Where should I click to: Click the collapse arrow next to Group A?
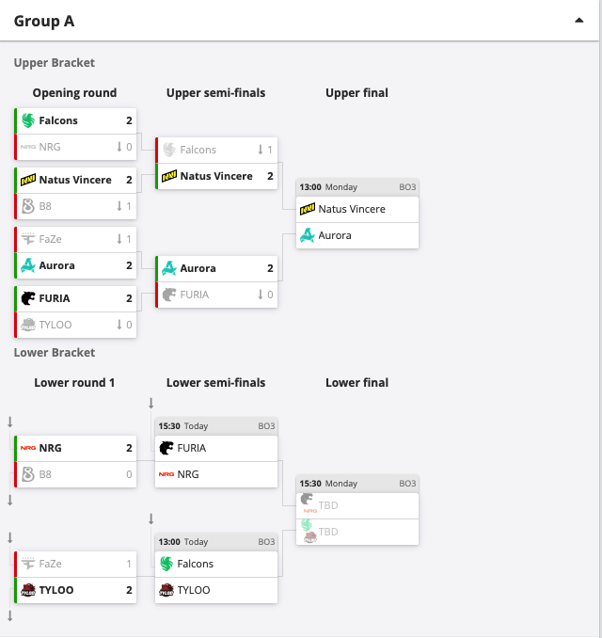click(x=578, y=21)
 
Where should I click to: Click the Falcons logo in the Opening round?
click(x=28, y=120)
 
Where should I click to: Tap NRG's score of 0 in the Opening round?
click(x=129, y=147)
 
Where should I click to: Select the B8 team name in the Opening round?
click(x=45, y=206)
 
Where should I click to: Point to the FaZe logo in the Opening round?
click(x=28, y=239)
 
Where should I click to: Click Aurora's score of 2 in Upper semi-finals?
click(x=270, y=268)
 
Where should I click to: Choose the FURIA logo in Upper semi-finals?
click(x=169, y=295)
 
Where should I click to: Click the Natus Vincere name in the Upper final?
click(x=352, y=209)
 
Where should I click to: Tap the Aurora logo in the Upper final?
click(x=308, y=235)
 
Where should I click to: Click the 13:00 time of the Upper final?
click(x=310, y=187)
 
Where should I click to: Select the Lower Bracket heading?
click(x=55, y=352)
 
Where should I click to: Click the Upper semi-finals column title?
click(x=216, y=93)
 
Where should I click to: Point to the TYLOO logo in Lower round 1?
click(x=28, y=590)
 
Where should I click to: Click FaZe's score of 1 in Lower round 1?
click(x=129, y=564)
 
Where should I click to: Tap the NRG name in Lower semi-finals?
click(x=188, y=474)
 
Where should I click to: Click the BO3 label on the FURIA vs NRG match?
click(x=266, y=426)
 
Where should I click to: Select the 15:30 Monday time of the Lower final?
click(x=328, y=484)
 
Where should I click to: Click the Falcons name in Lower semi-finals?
click(x=196, y=564)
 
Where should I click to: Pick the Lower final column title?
click(x=357, y=382)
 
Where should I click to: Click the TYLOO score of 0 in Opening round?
click(x=129, y=325)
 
